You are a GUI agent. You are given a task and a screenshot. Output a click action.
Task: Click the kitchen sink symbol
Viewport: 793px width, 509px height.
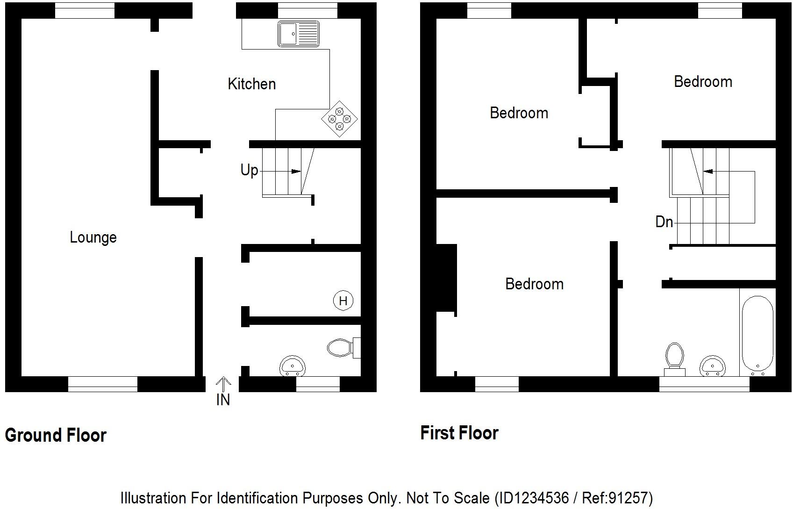coord(299,34)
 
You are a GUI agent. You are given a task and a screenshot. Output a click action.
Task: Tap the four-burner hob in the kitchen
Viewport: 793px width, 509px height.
coord(340,119)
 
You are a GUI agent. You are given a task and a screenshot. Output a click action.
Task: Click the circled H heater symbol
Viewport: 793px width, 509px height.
coord(343,301)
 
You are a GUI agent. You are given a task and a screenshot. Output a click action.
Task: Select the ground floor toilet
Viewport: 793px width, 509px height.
coord(341,348)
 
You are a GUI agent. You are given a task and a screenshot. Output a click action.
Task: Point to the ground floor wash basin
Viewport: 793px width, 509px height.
coord(293,366)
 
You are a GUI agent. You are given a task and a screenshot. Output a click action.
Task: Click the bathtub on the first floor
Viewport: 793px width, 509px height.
coord(757,334)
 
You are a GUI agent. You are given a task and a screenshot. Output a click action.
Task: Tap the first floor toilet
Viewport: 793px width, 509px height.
coord(674,358)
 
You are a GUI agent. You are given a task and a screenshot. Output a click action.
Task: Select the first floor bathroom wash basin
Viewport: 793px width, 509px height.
coord(713,365)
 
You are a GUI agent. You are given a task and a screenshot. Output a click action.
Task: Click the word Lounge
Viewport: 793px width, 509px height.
coord(93,237)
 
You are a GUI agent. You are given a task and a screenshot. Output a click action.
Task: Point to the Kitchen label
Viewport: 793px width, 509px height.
coord(251,84)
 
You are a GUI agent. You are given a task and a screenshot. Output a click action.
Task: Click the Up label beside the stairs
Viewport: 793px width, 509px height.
coord(249,170)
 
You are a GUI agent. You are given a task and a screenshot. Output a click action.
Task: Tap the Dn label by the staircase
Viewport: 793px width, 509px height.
coord(664,222)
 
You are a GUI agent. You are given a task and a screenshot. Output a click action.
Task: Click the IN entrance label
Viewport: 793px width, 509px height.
coord(223,400)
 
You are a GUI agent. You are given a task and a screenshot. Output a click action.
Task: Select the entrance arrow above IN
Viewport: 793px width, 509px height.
coord(223,385)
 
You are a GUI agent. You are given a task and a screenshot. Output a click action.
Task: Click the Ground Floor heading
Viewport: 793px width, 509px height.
coord(56,436)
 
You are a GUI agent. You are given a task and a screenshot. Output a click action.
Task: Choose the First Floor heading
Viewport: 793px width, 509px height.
coord(459,433)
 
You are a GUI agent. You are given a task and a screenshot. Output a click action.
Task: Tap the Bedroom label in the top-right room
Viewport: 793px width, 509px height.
coord(703,82)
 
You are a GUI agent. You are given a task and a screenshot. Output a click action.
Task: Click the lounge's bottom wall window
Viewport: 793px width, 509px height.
coord(103,384)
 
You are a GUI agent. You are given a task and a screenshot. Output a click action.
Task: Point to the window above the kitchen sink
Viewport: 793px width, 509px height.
coord(307,10)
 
